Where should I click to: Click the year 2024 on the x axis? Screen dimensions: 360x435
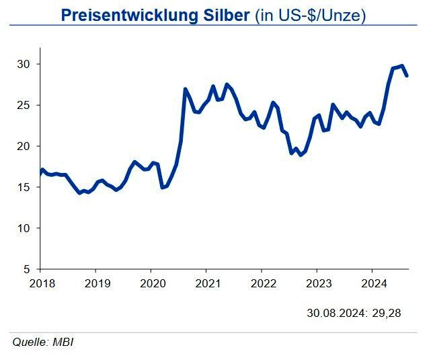(373, 283)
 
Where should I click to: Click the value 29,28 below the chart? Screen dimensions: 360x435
(388, 313)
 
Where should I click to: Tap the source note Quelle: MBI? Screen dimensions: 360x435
(43, 343)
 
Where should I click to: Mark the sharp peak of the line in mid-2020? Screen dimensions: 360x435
(185, 89)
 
